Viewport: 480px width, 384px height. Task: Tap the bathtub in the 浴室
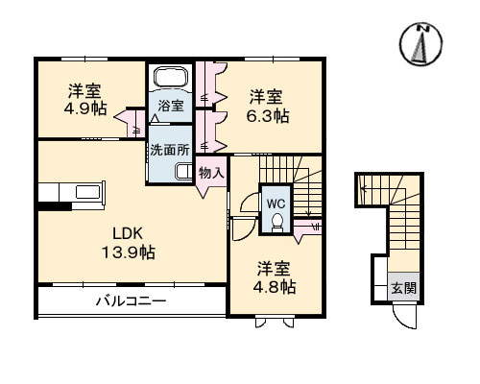pos(171,79)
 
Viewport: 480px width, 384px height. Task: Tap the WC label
pos(276,204)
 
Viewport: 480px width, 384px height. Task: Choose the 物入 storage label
pos(211,174)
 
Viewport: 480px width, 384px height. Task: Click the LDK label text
pos(129,233)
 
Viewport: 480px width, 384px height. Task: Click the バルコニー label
pos(131,300)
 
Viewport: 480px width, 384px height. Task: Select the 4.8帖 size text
pos(276,287)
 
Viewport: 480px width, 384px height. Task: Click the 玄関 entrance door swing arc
pos(403,318)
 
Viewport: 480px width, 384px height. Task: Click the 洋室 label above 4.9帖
pos(85,92)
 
